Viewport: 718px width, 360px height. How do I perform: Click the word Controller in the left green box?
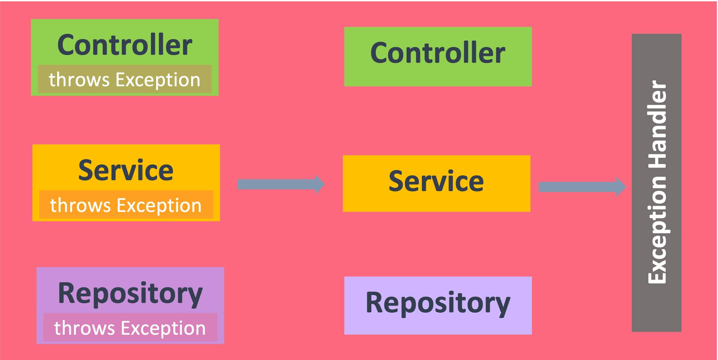click(x=124, y=45)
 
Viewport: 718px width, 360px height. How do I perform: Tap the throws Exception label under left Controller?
click(x=124, y=80)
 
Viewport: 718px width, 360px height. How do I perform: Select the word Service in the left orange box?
click(x=126, y=170)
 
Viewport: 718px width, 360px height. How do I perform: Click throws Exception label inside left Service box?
click(x=126, y=205)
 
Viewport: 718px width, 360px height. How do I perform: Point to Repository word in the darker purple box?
click(x=130, y=294)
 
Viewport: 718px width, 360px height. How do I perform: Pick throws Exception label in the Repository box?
click(x=130, y=328)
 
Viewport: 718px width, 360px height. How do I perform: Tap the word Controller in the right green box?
click(x=438, y=53)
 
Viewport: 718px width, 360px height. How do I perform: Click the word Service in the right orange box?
click(x=436, y=181)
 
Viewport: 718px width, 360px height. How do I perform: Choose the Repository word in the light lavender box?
click(x=438, y=303)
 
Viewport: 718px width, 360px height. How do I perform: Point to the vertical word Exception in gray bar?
click(x=657, y=230)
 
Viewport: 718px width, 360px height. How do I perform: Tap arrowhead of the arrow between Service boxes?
click(x=319, y=184)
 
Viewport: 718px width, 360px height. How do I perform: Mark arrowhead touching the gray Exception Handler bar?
click(x=621, y=187)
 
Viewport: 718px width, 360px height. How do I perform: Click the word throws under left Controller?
click(x=79, y=80)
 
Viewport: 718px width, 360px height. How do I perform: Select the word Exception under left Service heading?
click(x=159, y=205)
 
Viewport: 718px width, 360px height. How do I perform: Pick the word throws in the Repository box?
click(x=84, y=328)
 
